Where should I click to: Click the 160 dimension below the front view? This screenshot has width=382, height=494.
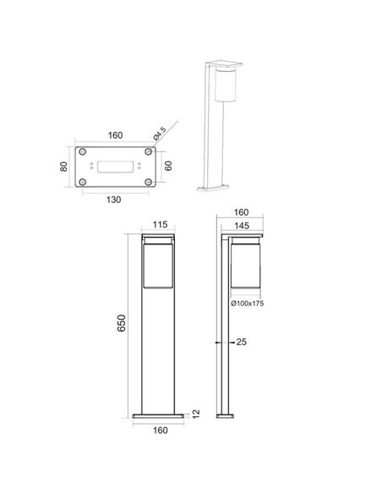point(161,428)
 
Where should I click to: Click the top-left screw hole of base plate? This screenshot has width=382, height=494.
point(85,152)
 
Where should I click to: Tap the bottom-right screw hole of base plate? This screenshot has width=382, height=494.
point(148,182)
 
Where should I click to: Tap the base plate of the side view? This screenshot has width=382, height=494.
point(229,414)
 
